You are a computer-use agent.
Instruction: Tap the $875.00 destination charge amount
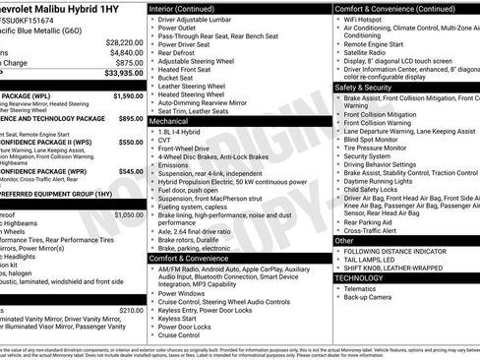130,62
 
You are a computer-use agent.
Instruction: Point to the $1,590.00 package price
128,96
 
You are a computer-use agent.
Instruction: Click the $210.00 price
130,309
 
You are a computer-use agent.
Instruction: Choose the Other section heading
344,239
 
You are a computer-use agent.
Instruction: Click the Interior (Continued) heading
190,7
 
